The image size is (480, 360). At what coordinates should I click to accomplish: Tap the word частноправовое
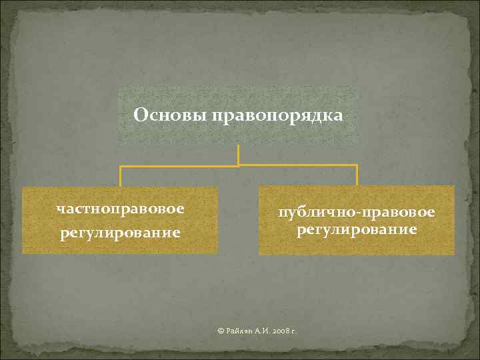pyautogui.click(x=121, y=209)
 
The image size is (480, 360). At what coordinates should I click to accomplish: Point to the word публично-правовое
pyautogui.click(x=357, y=213)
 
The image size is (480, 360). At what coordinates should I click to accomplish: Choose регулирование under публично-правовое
pyautogui.click(x=357, y=230)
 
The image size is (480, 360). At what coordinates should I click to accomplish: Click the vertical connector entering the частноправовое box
pyautogui.click(x=121, y=176)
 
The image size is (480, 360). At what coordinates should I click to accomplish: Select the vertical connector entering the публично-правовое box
pyautogui.click(x=357, y=175)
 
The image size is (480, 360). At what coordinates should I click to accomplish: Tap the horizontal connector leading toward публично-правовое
pyautogui.click(x=297, y=165)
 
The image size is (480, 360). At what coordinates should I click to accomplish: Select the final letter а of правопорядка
pyautogui.click(x=339, y=117)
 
